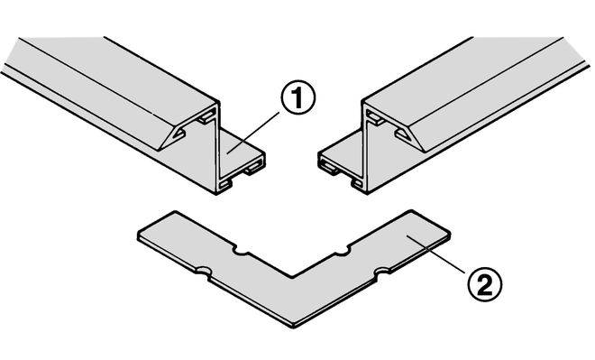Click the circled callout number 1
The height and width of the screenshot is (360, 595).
[x=297, y=97]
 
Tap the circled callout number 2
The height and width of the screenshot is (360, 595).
[x=485, y=283]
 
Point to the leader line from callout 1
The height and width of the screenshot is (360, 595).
[x=253, y=132]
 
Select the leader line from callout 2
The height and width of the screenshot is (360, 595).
[x=435, y=254]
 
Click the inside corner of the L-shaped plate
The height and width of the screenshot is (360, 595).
[x=292, y=276]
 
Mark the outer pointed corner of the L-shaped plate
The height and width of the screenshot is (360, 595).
[x=293, y=327]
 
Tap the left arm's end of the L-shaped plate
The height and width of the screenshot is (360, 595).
[x=156, y=224]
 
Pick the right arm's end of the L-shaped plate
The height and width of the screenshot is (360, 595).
[x=431, y=225]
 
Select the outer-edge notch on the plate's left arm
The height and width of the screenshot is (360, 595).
[x=204, y=272]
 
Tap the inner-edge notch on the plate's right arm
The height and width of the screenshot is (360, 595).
[x=342, y=251]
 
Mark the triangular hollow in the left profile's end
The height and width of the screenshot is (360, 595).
[x=178, y=134]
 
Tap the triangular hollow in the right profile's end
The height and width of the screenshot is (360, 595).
[x=403, y=134]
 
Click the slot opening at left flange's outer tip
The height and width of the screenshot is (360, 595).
[x=253, y=169]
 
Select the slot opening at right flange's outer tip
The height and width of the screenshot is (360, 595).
[x=329, y=168]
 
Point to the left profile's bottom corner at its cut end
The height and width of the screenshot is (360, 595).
[x=216, y=194]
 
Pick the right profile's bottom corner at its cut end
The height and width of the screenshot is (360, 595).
[x=366, y=193]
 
